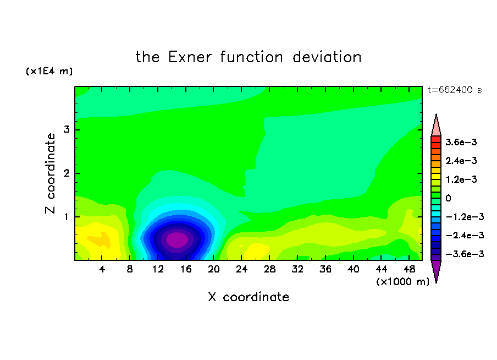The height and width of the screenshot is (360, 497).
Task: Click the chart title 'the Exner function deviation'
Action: coord(248,57)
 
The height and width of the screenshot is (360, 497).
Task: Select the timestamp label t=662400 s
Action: coord(455,90)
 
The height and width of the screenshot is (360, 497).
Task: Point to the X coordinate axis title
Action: coord(248,297)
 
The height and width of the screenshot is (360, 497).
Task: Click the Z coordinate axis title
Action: coord(51,173)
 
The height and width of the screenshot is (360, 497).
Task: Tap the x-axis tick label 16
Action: coord(186,269)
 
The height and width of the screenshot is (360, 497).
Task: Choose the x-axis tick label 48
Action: coord(409,269)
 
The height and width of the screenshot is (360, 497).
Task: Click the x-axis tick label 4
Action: coord(102,269)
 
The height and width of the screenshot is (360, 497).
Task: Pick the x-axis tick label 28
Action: coord(269,269)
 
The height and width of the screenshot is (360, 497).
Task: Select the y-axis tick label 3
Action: coord(67,129)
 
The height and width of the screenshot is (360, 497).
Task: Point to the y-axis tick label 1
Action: coord(67,217)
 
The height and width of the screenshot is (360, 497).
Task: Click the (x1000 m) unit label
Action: coord(402,282)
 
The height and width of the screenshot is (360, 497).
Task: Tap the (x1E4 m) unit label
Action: coord(49,71)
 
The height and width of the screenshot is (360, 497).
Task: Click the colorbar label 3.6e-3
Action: coord(461,142)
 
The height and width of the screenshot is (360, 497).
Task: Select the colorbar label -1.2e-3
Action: coord(465,217)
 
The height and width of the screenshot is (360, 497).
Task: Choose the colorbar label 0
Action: coord(448,198)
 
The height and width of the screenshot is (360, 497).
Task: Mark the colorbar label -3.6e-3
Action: coord(465,254)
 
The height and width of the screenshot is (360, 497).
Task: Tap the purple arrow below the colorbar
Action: coord(436,270)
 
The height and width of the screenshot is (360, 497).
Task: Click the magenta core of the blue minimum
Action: coord(177,239)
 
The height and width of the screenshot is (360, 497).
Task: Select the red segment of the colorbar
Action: coord(436,139)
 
